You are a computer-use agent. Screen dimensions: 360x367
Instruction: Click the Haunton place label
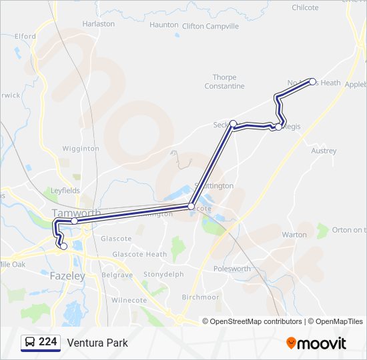[x=163, y=25]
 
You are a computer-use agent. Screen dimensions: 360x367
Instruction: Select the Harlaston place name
[x=98, y=24]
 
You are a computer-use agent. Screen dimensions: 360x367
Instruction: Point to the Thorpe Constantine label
[x=228, y=82]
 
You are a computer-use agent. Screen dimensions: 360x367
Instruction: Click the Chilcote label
[x=306, y=8]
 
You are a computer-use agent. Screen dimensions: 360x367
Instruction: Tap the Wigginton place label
[x=81, y=149]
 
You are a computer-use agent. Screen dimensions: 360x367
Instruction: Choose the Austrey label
[x=324, y=151]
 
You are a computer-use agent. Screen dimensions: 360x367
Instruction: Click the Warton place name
[x=294, y=235]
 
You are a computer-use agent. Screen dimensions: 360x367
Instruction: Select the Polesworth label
[x=232, y=269]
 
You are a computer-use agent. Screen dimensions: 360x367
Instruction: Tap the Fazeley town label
[x=67, y=275]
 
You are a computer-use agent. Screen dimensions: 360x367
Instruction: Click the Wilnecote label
[x=129, y=301]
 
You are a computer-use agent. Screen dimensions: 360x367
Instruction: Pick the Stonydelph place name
[x=163, y=274]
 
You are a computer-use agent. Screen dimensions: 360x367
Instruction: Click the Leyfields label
[x=65, y=191]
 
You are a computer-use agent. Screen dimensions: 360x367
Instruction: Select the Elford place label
[x=25, y=36]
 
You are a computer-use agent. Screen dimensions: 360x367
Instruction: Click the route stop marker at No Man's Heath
[x=313, y=81]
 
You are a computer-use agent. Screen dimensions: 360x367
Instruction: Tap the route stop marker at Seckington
[x=234, y=123]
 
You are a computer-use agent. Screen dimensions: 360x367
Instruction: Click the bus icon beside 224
[x=30, y=343]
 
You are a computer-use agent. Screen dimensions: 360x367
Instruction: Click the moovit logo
[x=316, y=343]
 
